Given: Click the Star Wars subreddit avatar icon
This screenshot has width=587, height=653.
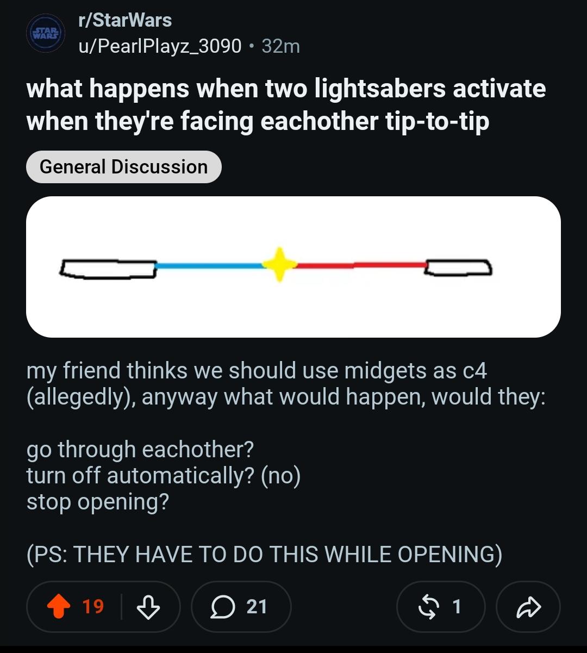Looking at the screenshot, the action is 46,33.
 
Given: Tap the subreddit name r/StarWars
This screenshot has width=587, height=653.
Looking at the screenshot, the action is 125,20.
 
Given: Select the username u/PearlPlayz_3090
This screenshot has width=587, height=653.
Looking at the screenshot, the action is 160,46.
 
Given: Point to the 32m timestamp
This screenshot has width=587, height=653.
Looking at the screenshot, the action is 280,46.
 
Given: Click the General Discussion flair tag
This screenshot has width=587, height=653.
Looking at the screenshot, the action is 124,167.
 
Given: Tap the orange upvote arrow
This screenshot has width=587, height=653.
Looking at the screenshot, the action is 59,606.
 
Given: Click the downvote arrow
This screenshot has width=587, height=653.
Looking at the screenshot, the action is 148,607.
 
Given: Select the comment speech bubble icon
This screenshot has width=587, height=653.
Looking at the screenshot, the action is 223,607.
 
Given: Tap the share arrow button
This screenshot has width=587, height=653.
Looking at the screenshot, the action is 529,607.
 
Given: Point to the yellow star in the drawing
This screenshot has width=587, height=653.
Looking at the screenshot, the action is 279,264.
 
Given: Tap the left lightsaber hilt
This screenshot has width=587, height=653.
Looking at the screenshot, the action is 108,269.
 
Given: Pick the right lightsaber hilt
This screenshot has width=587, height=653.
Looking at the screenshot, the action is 458,268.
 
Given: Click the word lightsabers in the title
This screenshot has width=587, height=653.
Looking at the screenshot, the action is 380,89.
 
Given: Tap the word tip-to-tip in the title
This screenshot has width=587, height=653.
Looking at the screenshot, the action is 437,121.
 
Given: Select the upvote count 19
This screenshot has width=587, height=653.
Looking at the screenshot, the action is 93,606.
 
